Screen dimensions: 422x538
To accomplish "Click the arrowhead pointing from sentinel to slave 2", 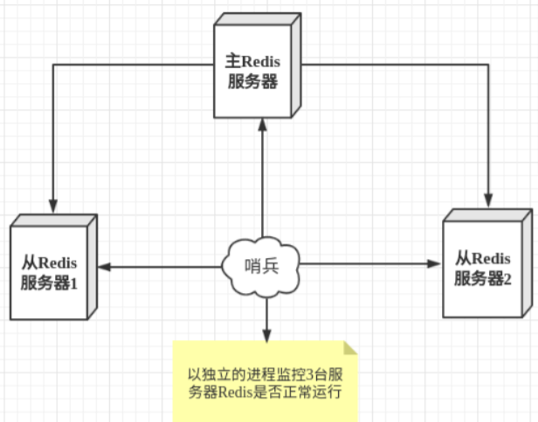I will coord(433,263).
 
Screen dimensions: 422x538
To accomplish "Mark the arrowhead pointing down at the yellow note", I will coord(266,335).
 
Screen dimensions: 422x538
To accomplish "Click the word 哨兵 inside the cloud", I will coord(262,266).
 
